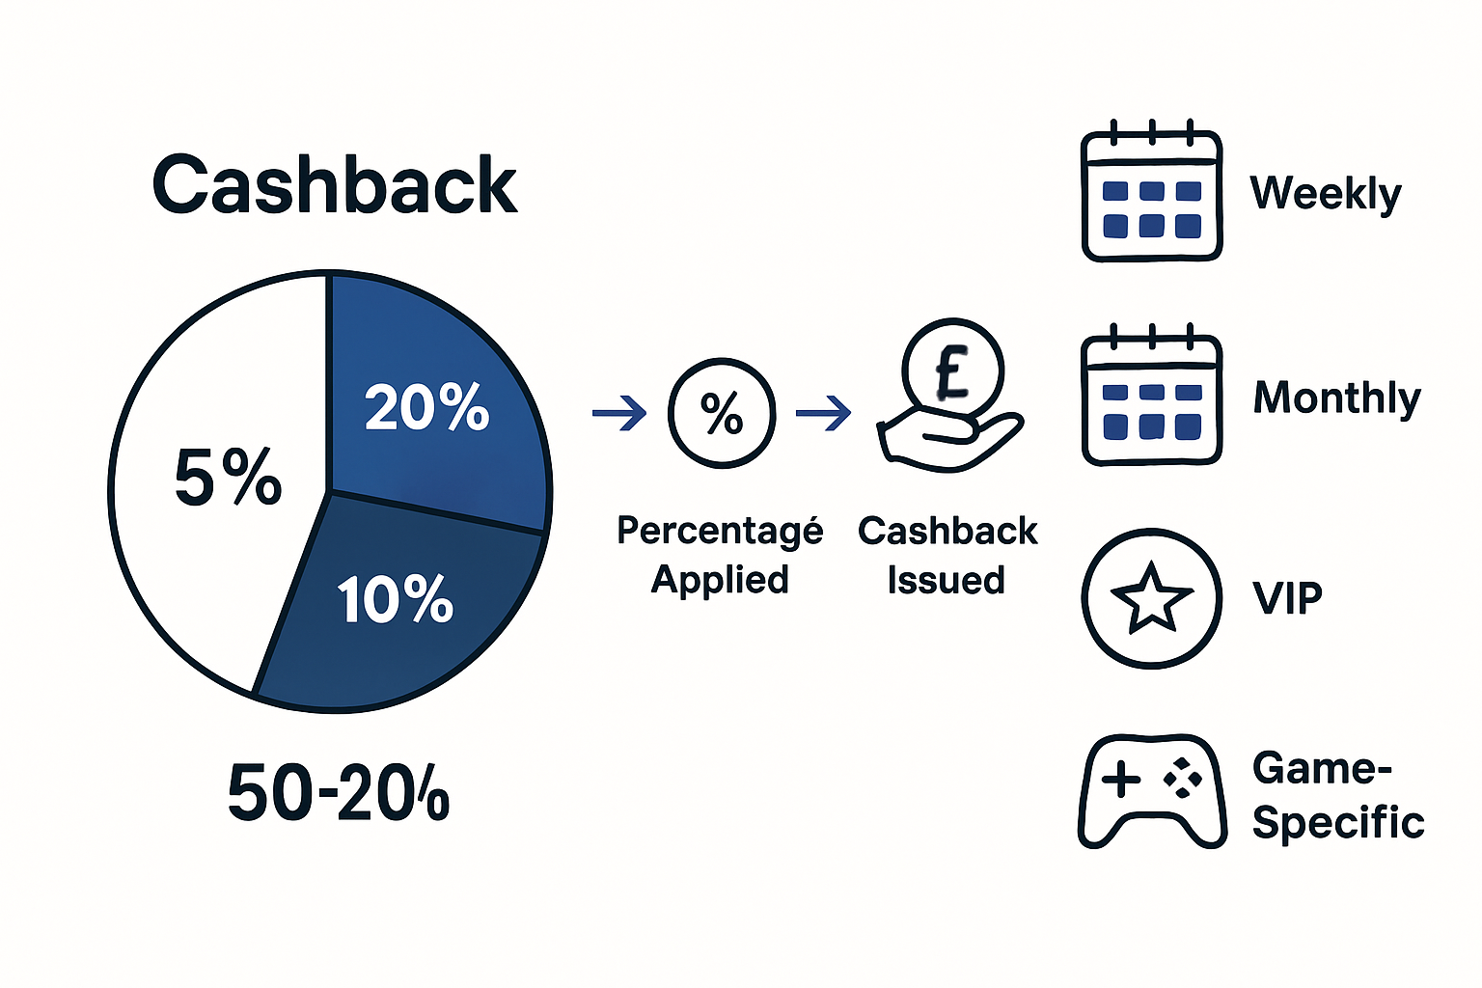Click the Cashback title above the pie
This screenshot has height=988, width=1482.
[335, 185]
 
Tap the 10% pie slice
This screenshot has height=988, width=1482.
[396, 599]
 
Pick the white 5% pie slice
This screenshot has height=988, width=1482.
[228, 478]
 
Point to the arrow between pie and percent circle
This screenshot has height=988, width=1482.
[619, 414]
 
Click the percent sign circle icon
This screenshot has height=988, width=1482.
[722, 414]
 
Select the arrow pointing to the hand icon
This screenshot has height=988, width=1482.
[823, 414]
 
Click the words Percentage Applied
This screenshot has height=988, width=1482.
[720, 555]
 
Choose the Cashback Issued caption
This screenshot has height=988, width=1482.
[947, 555]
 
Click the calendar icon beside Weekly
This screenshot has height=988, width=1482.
[1152, 196]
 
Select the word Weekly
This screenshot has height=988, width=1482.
[1325, 194]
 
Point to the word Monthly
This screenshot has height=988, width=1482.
[1336, 398]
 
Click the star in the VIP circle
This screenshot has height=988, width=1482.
[1151, 597]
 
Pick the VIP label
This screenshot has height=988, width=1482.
[1287, 598]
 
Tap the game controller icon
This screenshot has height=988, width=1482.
[1152, 791]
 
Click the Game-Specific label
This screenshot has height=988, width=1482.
[1337, 796]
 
